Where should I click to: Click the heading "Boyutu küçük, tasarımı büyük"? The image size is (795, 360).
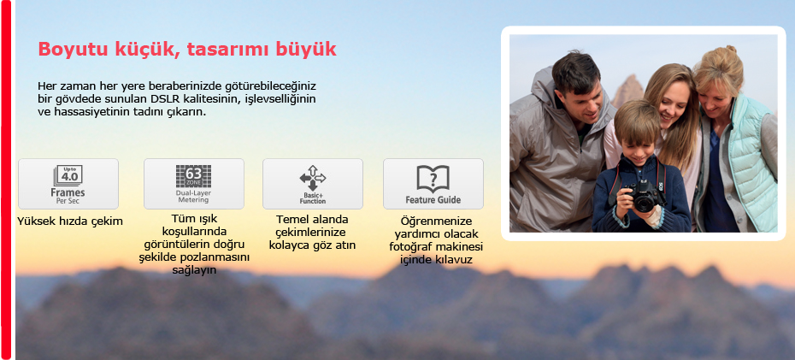[187, 50]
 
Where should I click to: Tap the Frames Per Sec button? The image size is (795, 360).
[68, 184]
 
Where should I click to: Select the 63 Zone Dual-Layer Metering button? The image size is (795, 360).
[194, 184]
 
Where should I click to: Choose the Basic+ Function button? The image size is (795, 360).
[313, 184]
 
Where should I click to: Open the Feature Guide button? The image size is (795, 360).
[433, 184]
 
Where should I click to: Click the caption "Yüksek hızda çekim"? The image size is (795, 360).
[70, 221]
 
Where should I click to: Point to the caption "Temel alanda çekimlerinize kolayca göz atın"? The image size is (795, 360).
[313, 233]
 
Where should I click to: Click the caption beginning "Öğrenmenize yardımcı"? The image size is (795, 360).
[436, 241]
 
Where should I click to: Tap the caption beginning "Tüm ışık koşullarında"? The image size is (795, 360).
[195, 245]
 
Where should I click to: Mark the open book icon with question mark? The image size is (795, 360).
[433, 179]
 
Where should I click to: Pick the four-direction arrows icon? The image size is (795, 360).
[313, 178]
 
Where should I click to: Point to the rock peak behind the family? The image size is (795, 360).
[627, 91]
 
